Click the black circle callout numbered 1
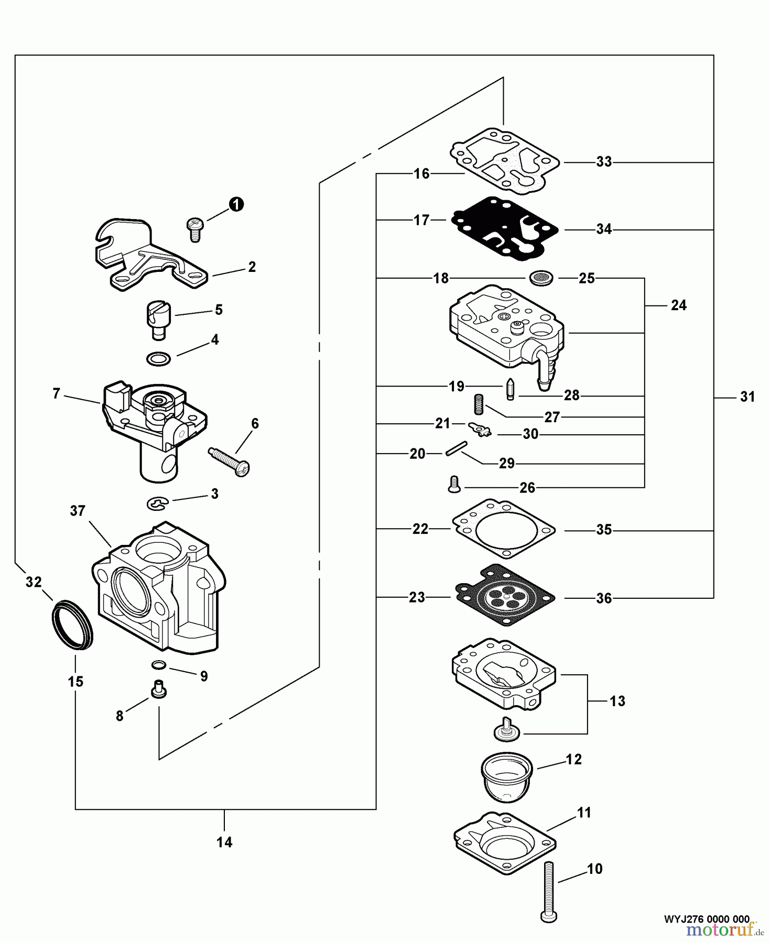tap(236, 204)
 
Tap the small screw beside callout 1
tap(194, 229)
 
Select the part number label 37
tap(78, 511)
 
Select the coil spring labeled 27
tap(478, 404)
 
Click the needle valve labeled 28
tap(509, 388)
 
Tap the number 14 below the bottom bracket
tap(224, 842)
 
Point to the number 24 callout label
tap(679, 305)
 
